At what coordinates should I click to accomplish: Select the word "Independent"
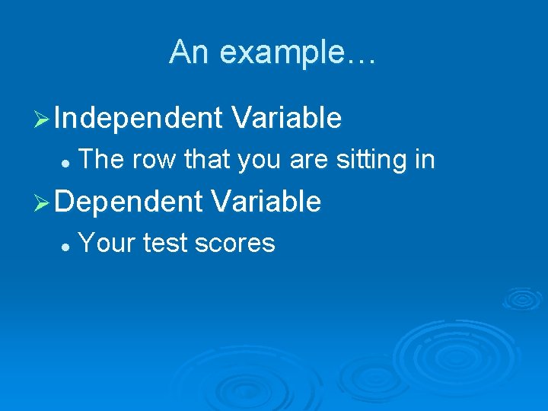[x=138, y=118]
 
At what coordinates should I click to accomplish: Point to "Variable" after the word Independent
[x=287, y=118]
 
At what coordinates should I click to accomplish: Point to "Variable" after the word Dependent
[x=266, y=202]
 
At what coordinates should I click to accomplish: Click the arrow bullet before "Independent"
[x=43, y=119]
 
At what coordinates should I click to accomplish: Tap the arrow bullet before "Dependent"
[x=43, y=202]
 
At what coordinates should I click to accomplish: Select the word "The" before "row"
[x=102, y=160]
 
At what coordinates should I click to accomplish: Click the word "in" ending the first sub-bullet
[x=425, y=160]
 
